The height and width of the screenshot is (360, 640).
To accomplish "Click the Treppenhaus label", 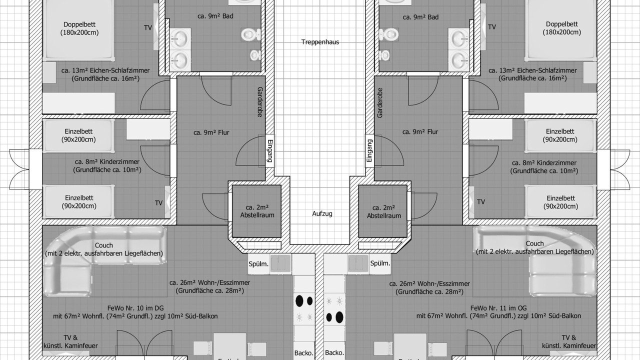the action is (x=320, y=42).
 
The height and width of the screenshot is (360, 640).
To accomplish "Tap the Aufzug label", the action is (x=322, y=213).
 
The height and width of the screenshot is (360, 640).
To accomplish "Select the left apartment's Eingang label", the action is (x=269, y=150).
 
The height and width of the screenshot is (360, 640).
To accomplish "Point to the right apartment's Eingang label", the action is (x=369, y=150).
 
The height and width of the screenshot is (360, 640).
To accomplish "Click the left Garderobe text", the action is (x=259, y=102).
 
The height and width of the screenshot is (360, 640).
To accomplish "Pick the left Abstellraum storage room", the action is (x=256, y=211).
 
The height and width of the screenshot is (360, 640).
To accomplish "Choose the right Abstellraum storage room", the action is (x=383, y=211).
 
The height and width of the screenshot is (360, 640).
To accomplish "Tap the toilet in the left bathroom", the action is (x=250, y=34).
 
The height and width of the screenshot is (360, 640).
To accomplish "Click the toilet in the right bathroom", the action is (x=388, y=34).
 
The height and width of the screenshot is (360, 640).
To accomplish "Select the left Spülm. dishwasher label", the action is (x=258, y=264).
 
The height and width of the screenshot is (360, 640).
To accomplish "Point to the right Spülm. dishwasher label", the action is (x=380, y=263).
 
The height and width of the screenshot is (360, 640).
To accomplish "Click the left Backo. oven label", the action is (x=303, y=353).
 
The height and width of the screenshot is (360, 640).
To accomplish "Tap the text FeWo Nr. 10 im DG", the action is (x=135, y=308).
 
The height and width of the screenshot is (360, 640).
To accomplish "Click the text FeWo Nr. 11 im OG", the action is (x=498, y=308).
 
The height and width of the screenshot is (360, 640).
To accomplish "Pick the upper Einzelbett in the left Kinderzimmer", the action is (x=78, y=135).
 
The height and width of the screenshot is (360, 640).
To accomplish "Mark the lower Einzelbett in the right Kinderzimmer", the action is (x=560, y=201).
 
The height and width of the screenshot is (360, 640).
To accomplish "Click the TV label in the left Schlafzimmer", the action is (x=147, y=27).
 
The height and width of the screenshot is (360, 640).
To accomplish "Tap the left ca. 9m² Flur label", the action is (x=211, y=132).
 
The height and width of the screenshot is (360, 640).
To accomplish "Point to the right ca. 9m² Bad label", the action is (x=420, y=17).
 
